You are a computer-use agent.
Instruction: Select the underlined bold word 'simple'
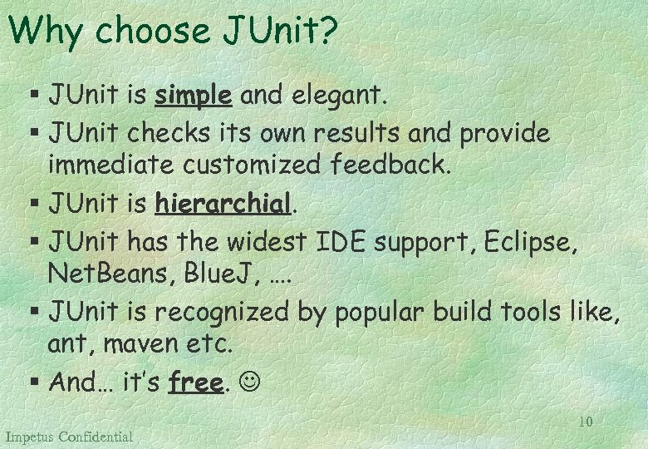point(193,96)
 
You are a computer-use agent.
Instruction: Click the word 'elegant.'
point(337,96)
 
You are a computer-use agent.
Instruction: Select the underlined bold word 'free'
point(196,382)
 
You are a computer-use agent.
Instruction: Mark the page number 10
point(586,422)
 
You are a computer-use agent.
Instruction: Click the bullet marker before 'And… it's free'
point(33,382)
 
